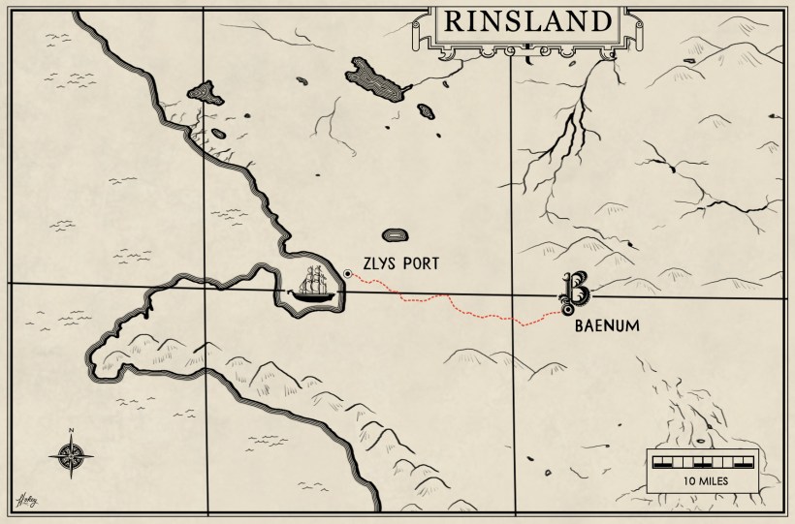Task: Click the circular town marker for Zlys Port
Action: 347,275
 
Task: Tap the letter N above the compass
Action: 71,431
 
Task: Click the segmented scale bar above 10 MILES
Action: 704,459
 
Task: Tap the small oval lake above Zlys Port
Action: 395,234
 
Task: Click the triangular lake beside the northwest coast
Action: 205,93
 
